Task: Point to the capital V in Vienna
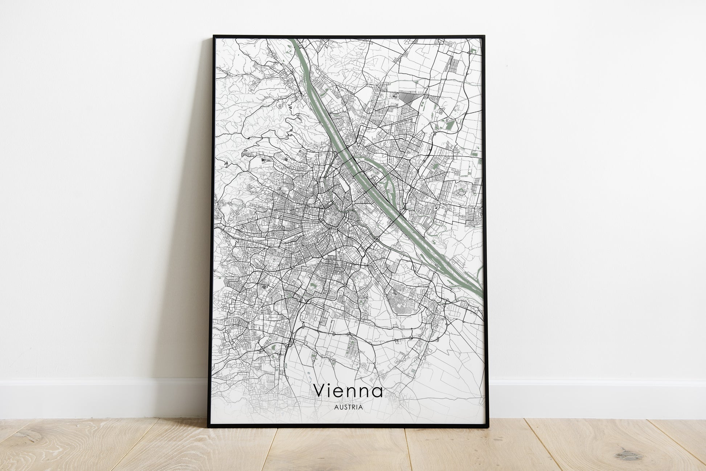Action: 320,391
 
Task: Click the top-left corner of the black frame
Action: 214,36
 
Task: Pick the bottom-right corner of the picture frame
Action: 490,427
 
